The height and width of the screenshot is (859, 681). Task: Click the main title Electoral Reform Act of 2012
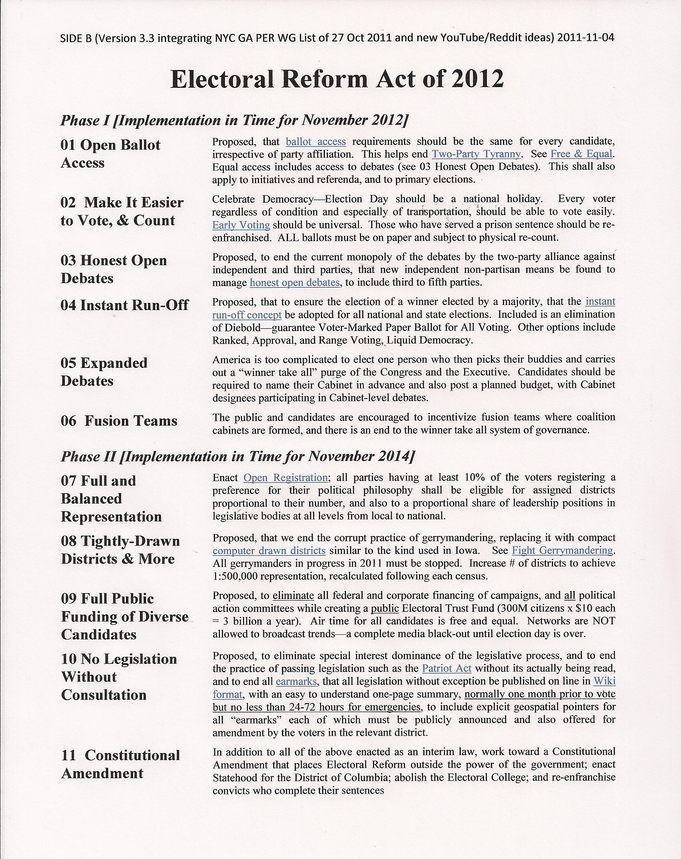click(x=337, y=79)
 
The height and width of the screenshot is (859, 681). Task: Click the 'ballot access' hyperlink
click(x=316, y=142)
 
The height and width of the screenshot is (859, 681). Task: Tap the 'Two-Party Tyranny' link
click(x=476, y=154)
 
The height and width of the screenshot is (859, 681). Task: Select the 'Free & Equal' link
click(x=582, y=154)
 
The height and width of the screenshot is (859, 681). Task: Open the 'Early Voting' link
click(x=241, y=225)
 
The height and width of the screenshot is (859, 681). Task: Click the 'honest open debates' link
click(x=295, y=283)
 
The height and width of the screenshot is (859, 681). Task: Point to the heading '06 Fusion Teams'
click(x=119, y=421)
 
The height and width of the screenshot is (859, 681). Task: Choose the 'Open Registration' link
click(x=286, y=478)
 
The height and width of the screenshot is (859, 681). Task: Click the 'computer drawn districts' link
click(x=269, y=550)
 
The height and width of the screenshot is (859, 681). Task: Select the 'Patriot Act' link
click(x=446, y=668)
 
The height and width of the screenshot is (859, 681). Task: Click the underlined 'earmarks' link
click(x=296, y=681)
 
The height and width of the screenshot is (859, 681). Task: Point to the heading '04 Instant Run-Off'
click(x=124, y=305)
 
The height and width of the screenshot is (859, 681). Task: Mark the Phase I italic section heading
click(x=234, y=120)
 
